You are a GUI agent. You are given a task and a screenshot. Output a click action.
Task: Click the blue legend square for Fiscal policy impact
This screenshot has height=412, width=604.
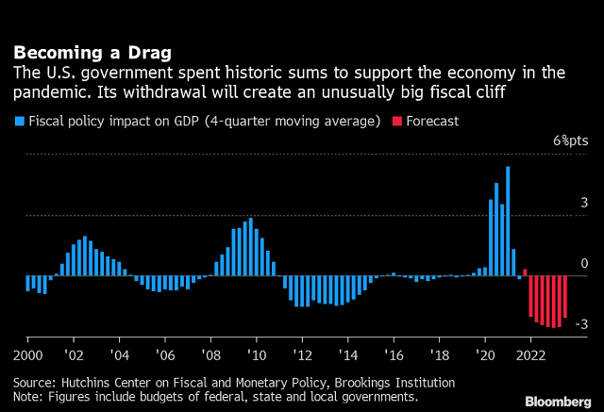tap(18, 122)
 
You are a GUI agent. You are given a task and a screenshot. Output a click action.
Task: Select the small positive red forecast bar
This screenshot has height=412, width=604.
tap(525, 272)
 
